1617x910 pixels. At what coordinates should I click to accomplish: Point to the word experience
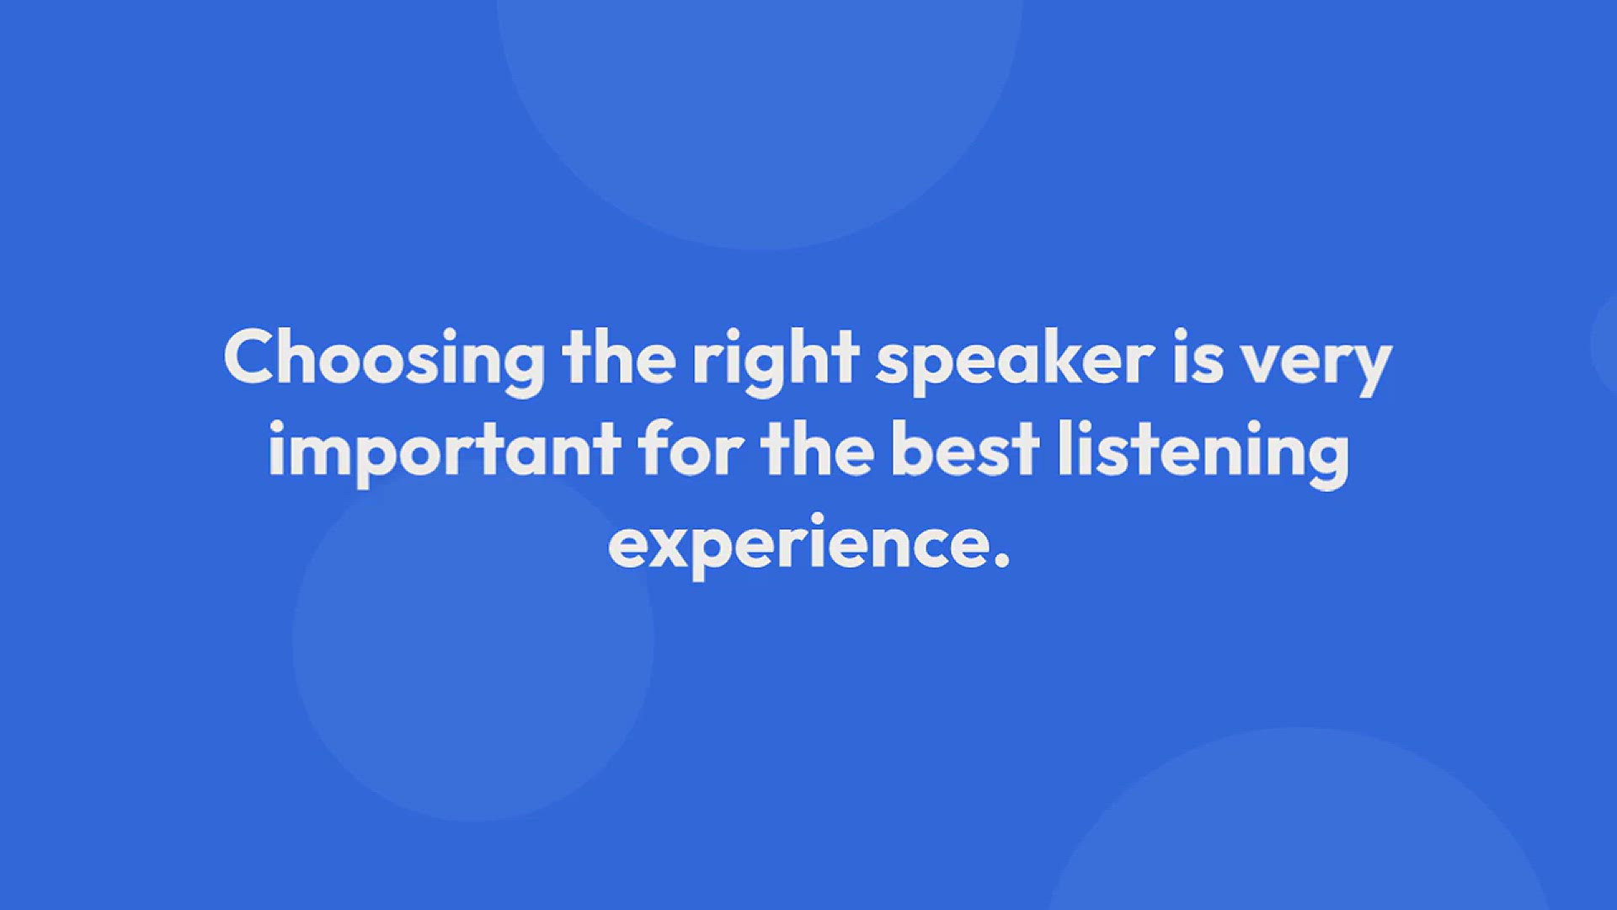799,546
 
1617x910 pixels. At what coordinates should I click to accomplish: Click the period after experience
1001,560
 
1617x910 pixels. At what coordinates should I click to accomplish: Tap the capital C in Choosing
252,356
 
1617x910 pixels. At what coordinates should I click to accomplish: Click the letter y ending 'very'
1366,370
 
